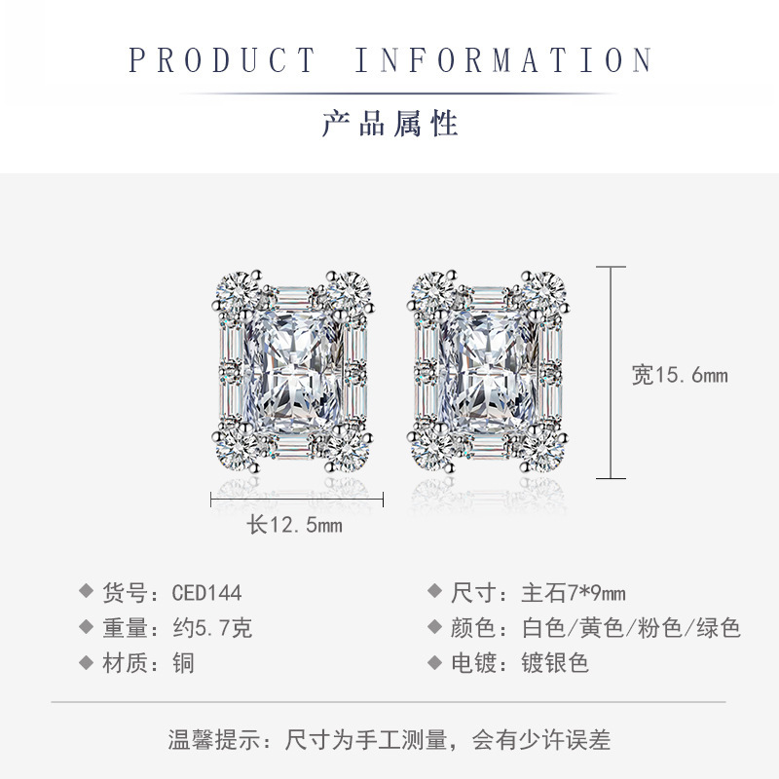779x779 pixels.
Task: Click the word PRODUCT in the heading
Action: [x=222, y=60]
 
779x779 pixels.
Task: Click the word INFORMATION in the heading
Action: [x=502, y=60]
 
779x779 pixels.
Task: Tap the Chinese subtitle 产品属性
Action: [x=389, y=124]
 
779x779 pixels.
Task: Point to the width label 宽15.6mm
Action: [x=680, y=375]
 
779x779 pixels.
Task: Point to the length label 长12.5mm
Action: [x=294, y=525]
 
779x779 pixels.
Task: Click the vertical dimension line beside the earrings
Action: [x=611, y=373]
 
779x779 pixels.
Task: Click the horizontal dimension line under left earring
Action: [x=297, y=500]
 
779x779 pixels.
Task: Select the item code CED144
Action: [x=206, y=592]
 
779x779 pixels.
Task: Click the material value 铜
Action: [x=183, y=663]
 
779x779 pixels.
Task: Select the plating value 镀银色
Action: [x=547, y=663]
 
